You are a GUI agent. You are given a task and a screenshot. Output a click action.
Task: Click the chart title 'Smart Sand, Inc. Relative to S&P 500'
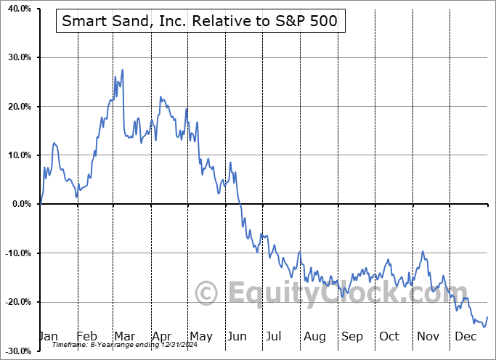click(x=199, y=21)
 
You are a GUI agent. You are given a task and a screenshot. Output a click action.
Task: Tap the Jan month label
click(x=48, y=336)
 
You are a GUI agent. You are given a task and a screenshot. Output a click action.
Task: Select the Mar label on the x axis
click(x=124, y=336)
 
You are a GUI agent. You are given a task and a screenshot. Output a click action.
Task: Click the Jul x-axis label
click(x=274, y=336)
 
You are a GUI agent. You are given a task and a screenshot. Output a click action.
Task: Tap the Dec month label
click(x=465, y=336)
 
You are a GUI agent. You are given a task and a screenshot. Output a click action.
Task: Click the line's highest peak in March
click(x=123, y=69)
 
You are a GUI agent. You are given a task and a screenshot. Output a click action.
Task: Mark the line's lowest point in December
click(x=484, y=327)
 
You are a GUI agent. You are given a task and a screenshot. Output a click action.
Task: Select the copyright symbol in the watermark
click(x=207, y=294)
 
